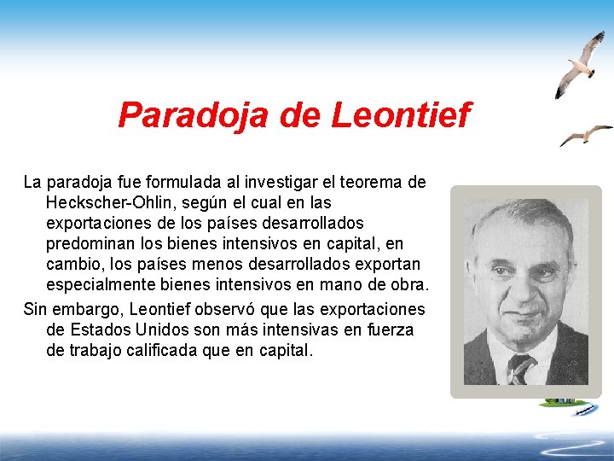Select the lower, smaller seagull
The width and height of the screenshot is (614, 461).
pyautogui.click(x=585, y=134)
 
